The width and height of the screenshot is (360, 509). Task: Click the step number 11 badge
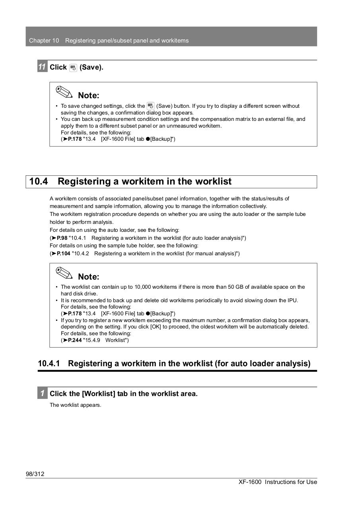click(x=42, y=67)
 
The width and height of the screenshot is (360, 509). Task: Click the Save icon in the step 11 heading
click(x=73, y=68)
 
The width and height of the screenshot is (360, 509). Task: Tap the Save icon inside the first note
click(x=150, y=106)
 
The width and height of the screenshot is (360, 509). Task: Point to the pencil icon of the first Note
click(x=64, y=92)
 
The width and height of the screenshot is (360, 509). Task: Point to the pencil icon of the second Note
click(x=64, y=274)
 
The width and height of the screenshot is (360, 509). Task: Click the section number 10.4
click(x=39, y=181)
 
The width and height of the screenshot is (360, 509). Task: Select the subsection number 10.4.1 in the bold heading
click(x=49, y=363)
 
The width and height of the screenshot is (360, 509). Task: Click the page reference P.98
click(x=62, y=238)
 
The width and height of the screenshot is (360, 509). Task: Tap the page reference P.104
click(x=63, y=253)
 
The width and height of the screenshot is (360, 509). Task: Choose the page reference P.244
click(x=74, y=340)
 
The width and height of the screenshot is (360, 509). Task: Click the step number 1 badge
click(x=42, y=393)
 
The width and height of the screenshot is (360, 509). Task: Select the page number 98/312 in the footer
click(x=35, y=474)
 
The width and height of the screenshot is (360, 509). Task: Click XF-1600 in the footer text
click(x=250, y=482)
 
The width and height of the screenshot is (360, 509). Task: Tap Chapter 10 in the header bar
click(x=44, y=41)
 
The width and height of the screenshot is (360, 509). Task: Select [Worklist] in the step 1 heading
click(x=99, y=394)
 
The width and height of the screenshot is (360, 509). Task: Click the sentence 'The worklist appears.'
click(x=75, y=405)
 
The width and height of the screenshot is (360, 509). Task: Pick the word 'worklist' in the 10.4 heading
click(x=212, y=181)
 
